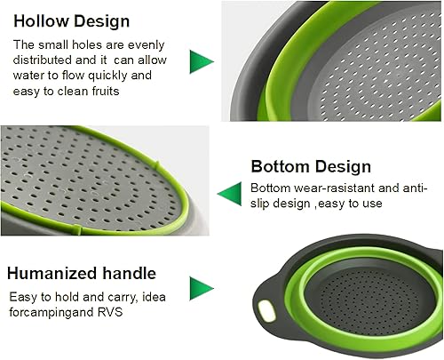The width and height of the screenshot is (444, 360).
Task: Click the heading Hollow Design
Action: click(x=71, y=20)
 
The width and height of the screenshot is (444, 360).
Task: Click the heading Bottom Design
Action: click(x=311, y=166)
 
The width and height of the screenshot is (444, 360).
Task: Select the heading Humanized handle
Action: click(x=82, y=273)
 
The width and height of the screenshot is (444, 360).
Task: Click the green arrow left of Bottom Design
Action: click(x=230, y=190)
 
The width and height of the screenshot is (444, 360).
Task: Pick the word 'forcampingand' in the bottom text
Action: click(x=52, y=313)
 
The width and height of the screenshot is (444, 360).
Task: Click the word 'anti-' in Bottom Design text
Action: click(x=413, y=188)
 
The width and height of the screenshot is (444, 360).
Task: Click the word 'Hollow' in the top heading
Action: click(x=42, y=20)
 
